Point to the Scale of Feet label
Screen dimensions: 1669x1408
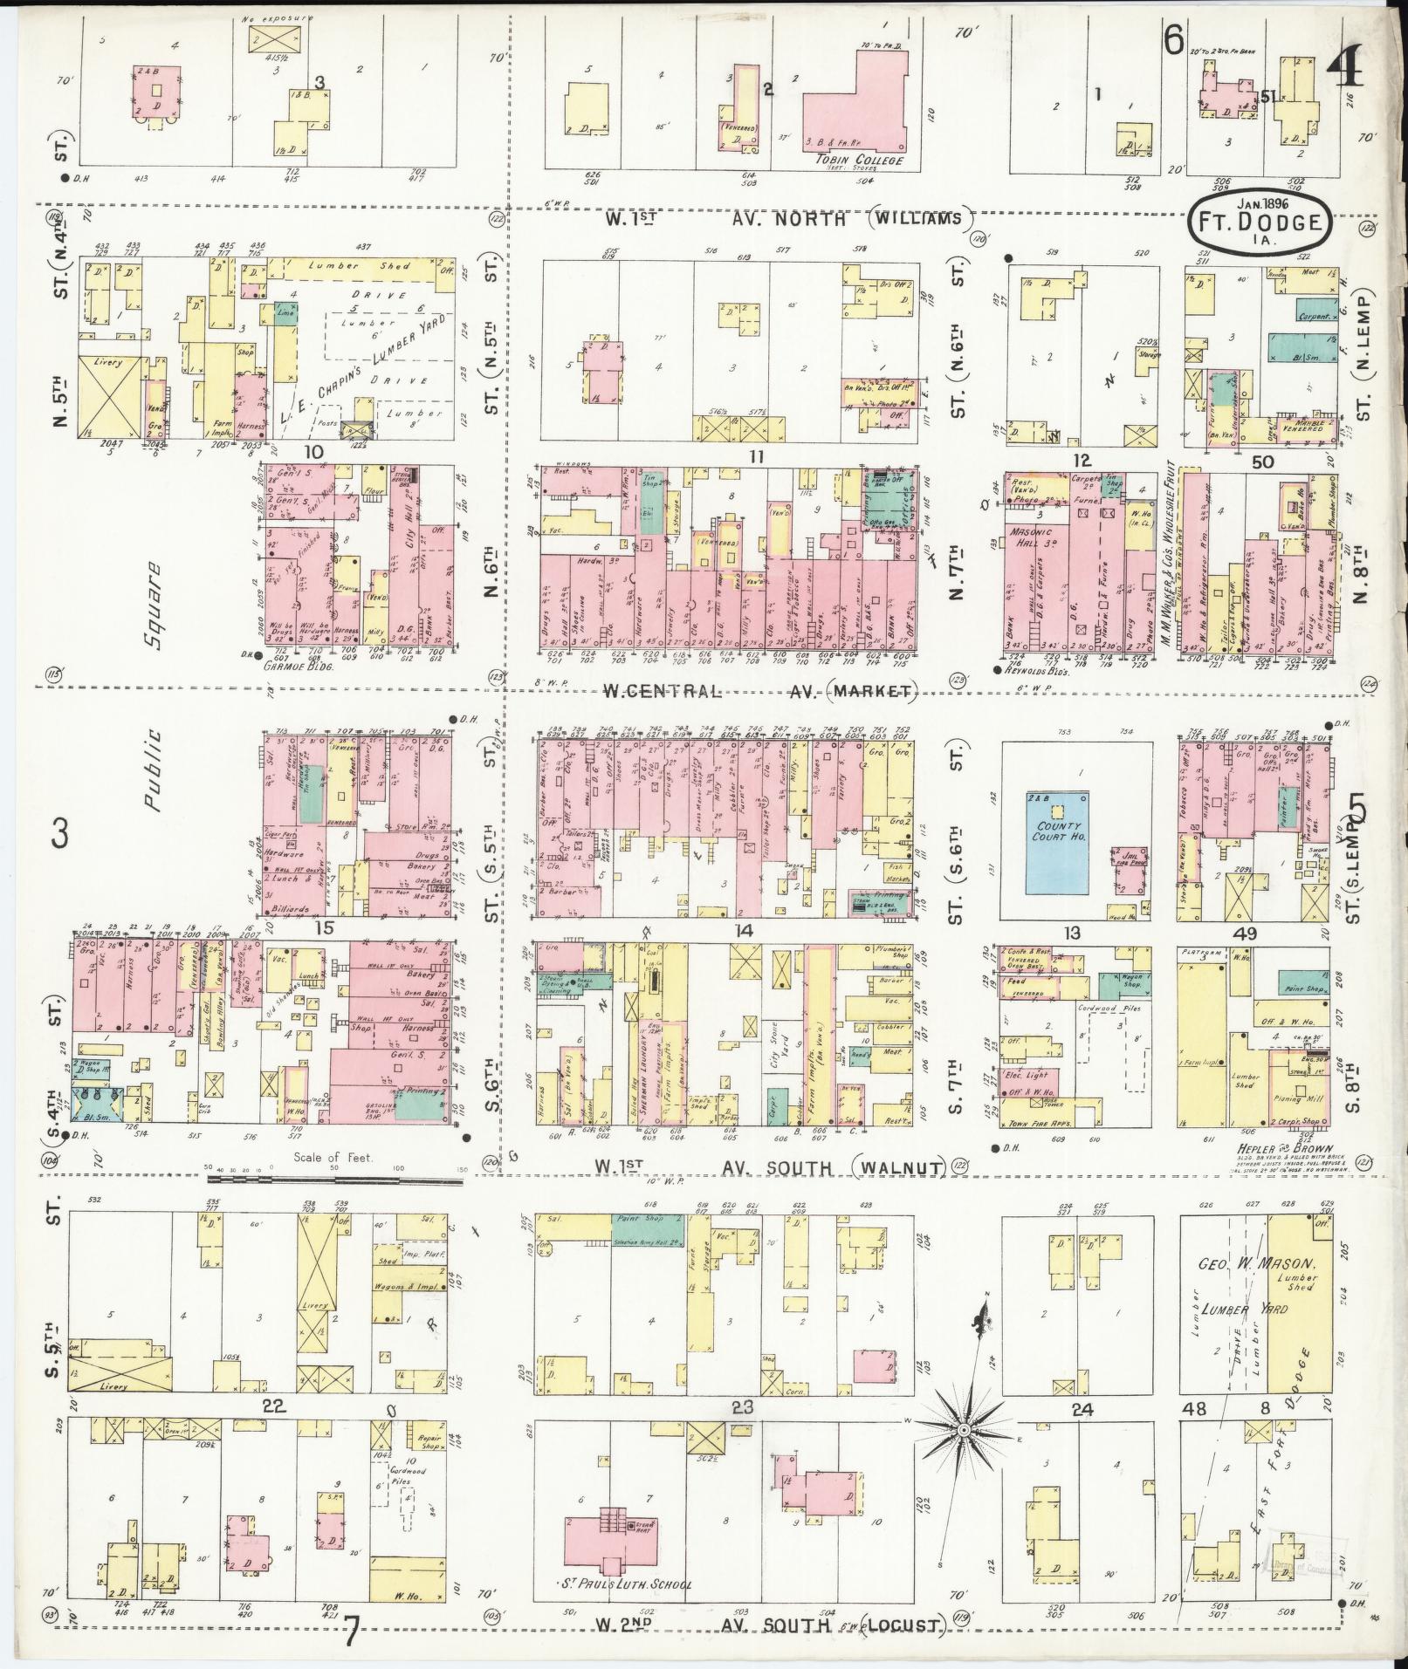tap(334, 1158)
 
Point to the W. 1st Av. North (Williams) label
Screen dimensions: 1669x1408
tap(786, 219)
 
